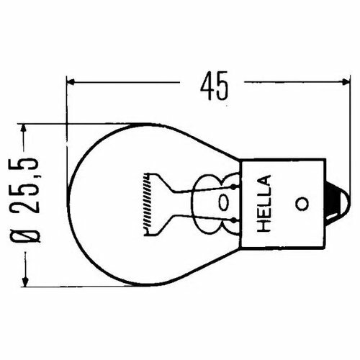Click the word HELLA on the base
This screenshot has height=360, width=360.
(264, 204)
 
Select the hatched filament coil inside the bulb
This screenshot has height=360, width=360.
(147, 201)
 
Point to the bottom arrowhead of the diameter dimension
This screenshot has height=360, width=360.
(27, 278)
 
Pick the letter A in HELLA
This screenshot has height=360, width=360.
(264, 181)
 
